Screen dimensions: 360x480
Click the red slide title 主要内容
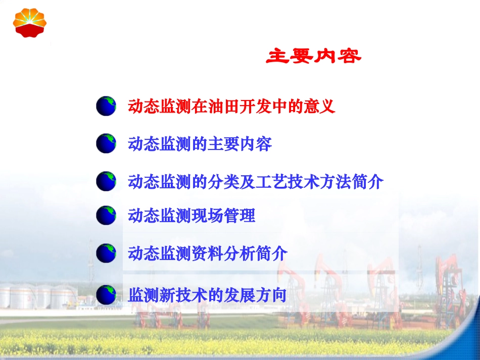(x=314, y=57)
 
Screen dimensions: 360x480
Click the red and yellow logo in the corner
(x=30, y=22)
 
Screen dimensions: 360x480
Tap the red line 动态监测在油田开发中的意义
(x=232, y=107)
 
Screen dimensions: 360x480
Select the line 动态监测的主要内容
(x=200, y=144)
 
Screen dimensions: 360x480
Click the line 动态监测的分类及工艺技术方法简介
(x=256, y=181)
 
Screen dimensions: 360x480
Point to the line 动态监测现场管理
(x=192, y=216)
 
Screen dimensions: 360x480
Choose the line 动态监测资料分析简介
(x=208, y=253)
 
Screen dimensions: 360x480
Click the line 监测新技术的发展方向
(x=208, y=294)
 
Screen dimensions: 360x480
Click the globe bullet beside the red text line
(x=107, y=107)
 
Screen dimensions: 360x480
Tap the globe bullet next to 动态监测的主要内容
(x=107, y=144)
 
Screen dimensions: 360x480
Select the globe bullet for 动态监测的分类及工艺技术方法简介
(x=107, y=181)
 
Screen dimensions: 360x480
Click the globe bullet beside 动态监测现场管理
(x=107, y=216)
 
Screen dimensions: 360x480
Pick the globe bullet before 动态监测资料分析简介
(x=107, y=253)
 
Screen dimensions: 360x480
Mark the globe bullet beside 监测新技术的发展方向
(x=107, y=294)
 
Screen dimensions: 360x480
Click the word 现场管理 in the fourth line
(x=224, y=216)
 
